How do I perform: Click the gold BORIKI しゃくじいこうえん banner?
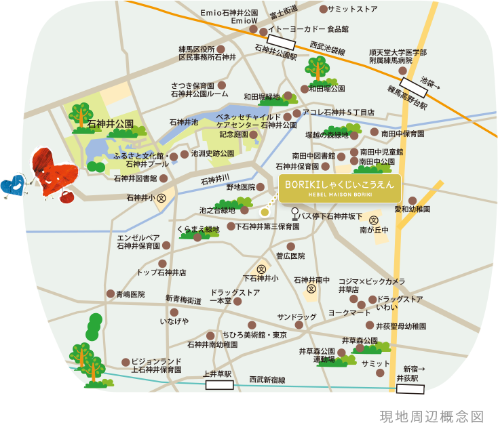[x=339, y=188]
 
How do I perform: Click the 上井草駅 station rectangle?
[x=219, y=384]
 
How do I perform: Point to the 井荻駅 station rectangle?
[x=410, y=388]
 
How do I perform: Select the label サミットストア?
[x=352, y=9]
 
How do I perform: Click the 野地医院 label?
[x=240, y=186]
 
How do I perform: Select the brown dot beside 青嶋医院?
[x=111, y=294]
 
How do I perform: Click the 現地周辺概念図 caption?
[x=432, y=416]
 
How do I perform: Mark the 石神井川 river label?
[x=216, y=180]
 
